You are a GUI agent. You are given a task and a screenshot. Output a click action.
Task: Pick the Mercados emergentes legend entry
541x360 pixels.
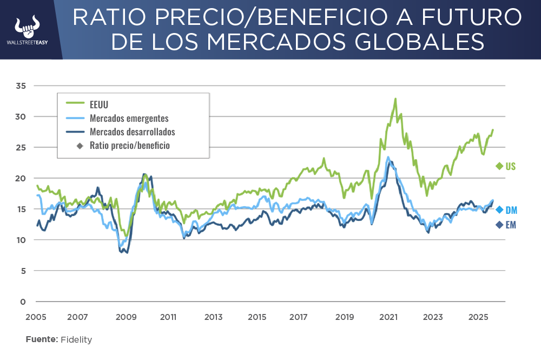pos(129,119)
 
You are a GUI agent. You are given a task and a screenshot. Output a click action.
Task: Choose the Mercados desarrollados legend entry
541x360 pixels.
pos(132,132)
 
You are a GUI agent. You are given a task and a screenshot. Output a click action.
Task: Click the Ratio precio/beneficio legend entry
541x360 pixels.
pos(130,145)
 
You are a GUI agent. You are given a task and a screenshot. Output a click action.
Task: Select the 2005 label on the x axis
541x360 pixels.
pos(35,317)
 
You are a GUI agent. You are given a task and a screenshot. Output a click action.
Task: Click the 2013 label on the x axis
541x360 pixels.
pos(214,317)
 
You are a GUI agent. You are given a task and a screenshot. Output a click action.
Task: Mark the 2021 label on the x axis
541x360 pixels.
pos(390,317)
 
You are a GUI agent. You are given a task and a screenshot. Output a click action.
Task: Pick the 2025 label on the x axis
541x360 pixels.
pos(478,317)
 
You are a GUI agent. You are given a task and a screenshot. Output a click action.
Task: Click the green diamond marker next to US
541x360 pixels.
pos(499,166)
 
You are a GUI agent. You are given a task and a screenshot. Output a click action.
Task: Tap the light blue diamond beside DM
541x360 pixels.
pos(499,210)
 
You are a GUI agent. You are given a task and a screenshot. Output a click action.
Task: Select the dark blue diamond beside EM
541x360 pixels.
pos(499,225)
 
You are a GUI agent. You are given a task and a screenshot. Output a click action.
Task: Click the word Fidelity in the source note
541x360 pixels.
pos(76,339)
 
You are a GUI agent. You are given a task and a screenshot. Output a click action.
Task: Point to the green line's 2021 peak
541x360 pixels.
pos(395,99)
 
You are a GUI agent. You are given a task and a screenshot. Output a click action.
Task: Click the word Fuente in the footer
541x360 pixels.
pos(41,339)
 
